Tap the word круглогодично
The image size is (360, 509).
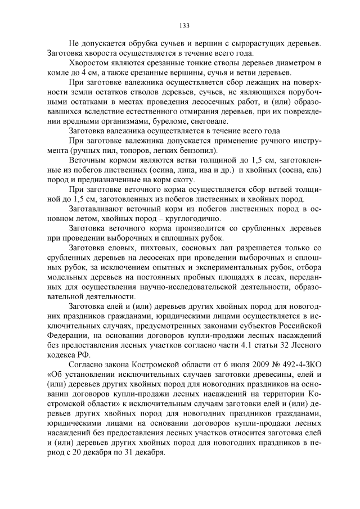tap(195, 218)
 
